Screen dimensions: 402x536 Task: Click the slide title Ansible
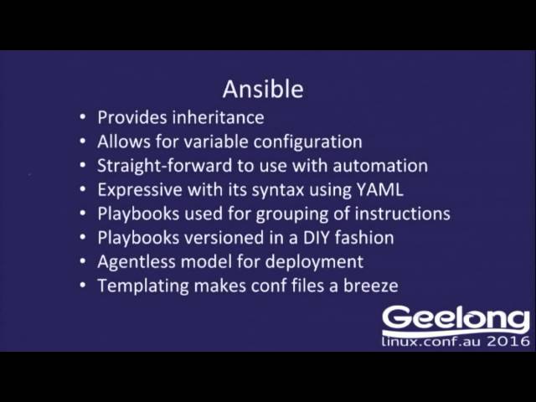point(262,89)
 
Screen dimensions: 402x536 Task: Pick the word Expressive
point(141,189)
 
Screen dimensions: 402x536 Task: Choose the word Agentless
point(138,261)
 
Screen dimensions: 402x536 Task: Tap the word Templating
point(142,286)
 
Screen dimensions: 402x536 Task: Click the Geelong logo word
point(456,320)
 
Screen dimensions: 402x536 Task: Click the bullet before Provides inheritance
point(82,118)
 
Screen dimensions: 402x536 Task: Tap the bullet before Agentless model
point(82,261)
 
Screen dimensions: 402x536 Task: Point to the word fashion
point(362,238)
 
